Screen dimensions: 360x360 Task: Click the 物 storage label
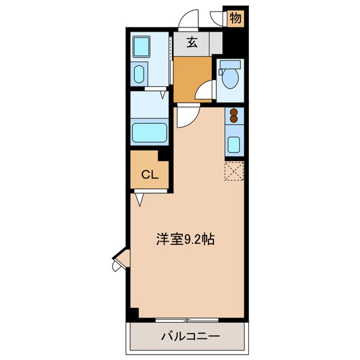235,19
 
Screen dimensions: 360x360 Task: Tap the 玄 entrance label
192,42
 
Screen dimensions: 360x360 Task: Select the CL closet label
149,174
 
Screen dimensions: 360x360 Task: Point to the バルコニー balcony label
189,336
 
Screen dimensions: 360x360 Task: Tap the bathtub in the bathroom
149,133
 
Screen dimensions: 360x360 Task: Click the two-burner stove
233,116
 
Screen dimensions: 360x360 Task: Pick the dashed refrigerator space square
233,172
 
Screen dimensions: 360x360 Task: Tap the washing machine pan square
144,46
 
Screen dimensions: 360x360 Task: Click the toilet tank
230,65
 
